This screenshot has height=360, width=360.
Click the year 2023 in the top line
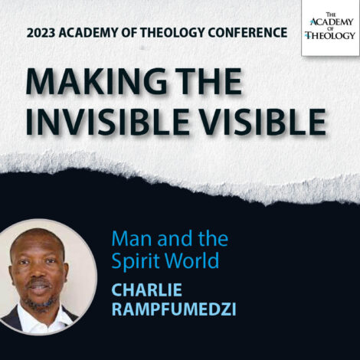click(x=43, y=34)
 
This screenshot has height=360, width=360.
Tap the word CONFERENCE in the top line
click(x=249, y=34)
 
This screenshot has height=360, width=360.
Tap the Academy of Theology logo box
click(x=330, y=28)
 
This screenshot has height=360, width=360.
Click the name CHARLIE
click(x=145, y=290)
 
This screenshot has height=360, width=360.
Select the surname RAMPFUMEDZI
click(x=172, y=310)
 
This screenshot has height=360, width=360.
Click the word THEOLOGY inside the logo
click(x=330, y=35)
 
